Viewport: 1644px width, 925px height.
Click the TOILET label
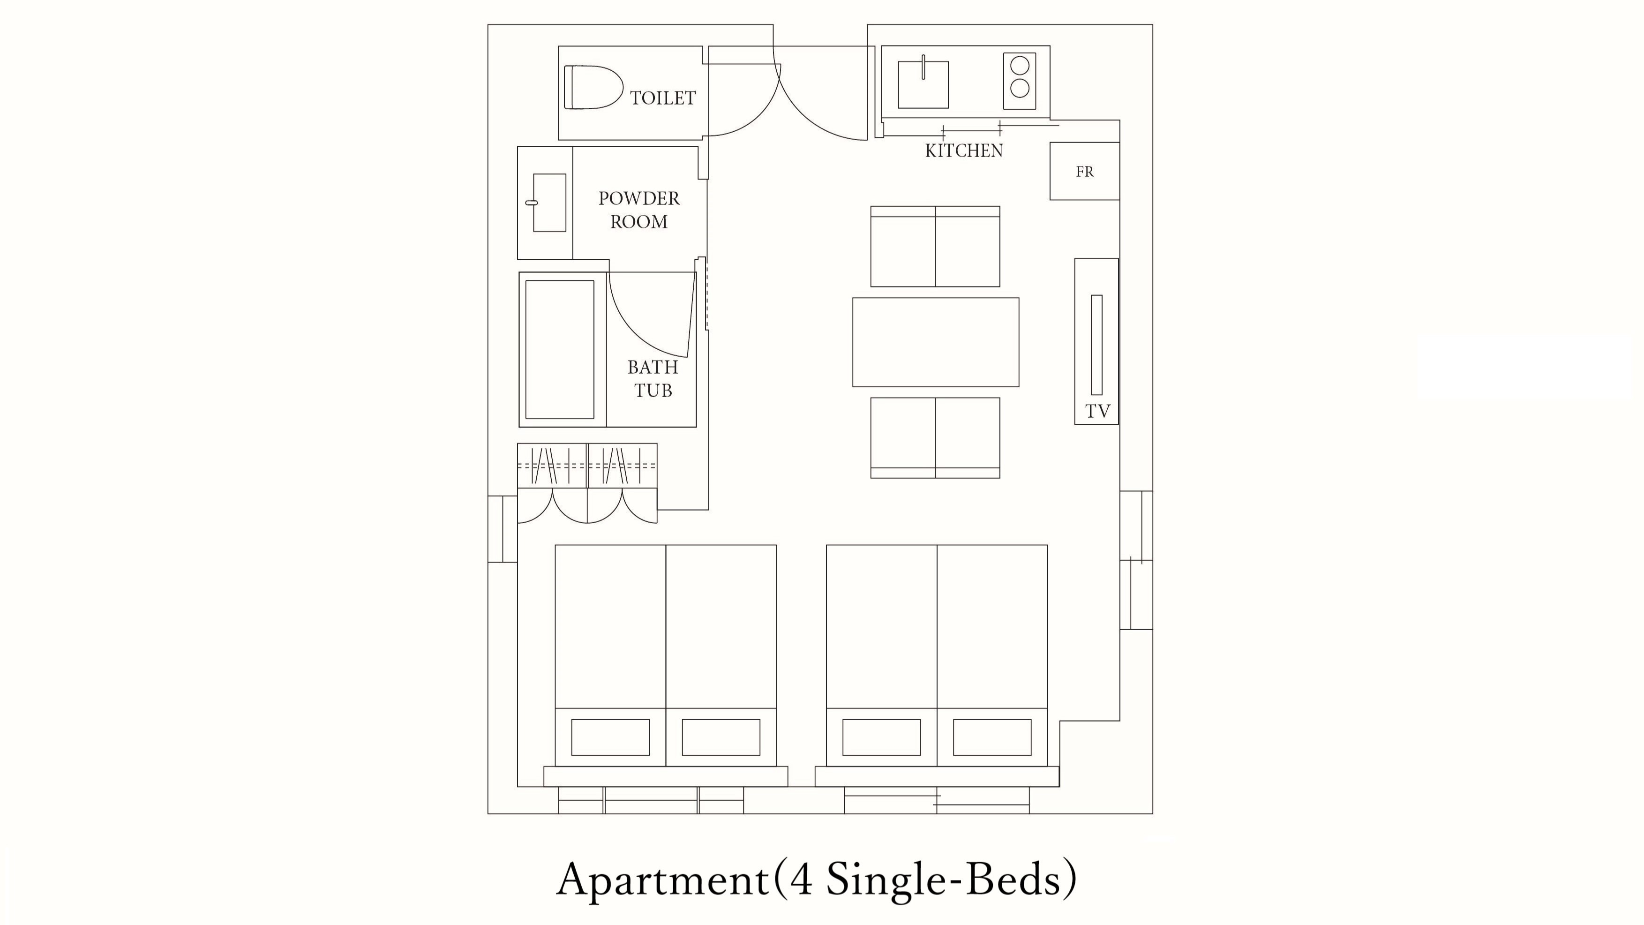(x=662, y=98)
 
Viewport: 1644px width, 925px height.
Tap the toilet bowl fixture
(x=593, y=87)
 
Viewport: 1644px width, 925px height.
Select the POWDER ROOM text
(x=639, y=210)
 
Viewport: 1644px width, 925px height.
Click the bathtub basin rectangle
(x=560, y=350)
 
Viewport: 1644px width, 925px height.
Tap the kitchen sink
(x=923, y=83)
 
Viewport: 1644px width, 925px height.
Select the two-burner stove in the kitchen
(x=1019, y=81)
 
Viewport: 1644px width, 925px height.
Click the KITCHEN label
(x=964, y=150)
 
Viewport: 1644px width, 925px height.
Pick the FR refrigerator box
(x=1084, y=171)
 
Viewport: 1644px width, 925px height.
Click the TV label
(x=1098, y=411)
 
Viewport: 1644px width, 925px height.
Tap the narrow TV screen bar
(x=1096, y=345)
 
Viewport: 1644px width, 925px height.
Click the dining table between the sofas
(x=936, y=342)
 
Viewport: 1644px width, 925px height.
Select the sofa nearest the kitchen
(x=935, y=247)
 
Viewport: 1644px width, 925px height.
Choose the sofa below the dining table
(x=935, y=438)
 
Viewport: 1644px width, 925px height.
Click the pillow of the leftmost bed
(x=610, y=737)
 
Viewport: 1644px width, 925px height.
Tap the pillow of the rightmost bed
(x=992, y=737)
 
